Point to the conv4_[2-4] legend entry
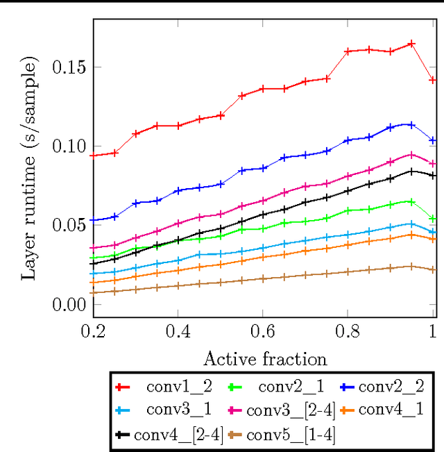coord(179,435)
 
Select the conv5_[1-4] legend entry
coord(291,435)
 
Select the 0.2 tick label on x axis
coord(93,333)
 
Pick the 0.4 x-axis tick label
coord(178,333)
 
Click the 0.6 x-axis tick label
coord(263,333)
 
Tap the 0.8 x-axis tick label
coord(348,333)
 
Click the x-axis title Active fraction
coord(264,359)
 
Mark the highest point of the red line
coord(411,43)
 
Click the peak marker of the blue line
coord(411,124)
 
